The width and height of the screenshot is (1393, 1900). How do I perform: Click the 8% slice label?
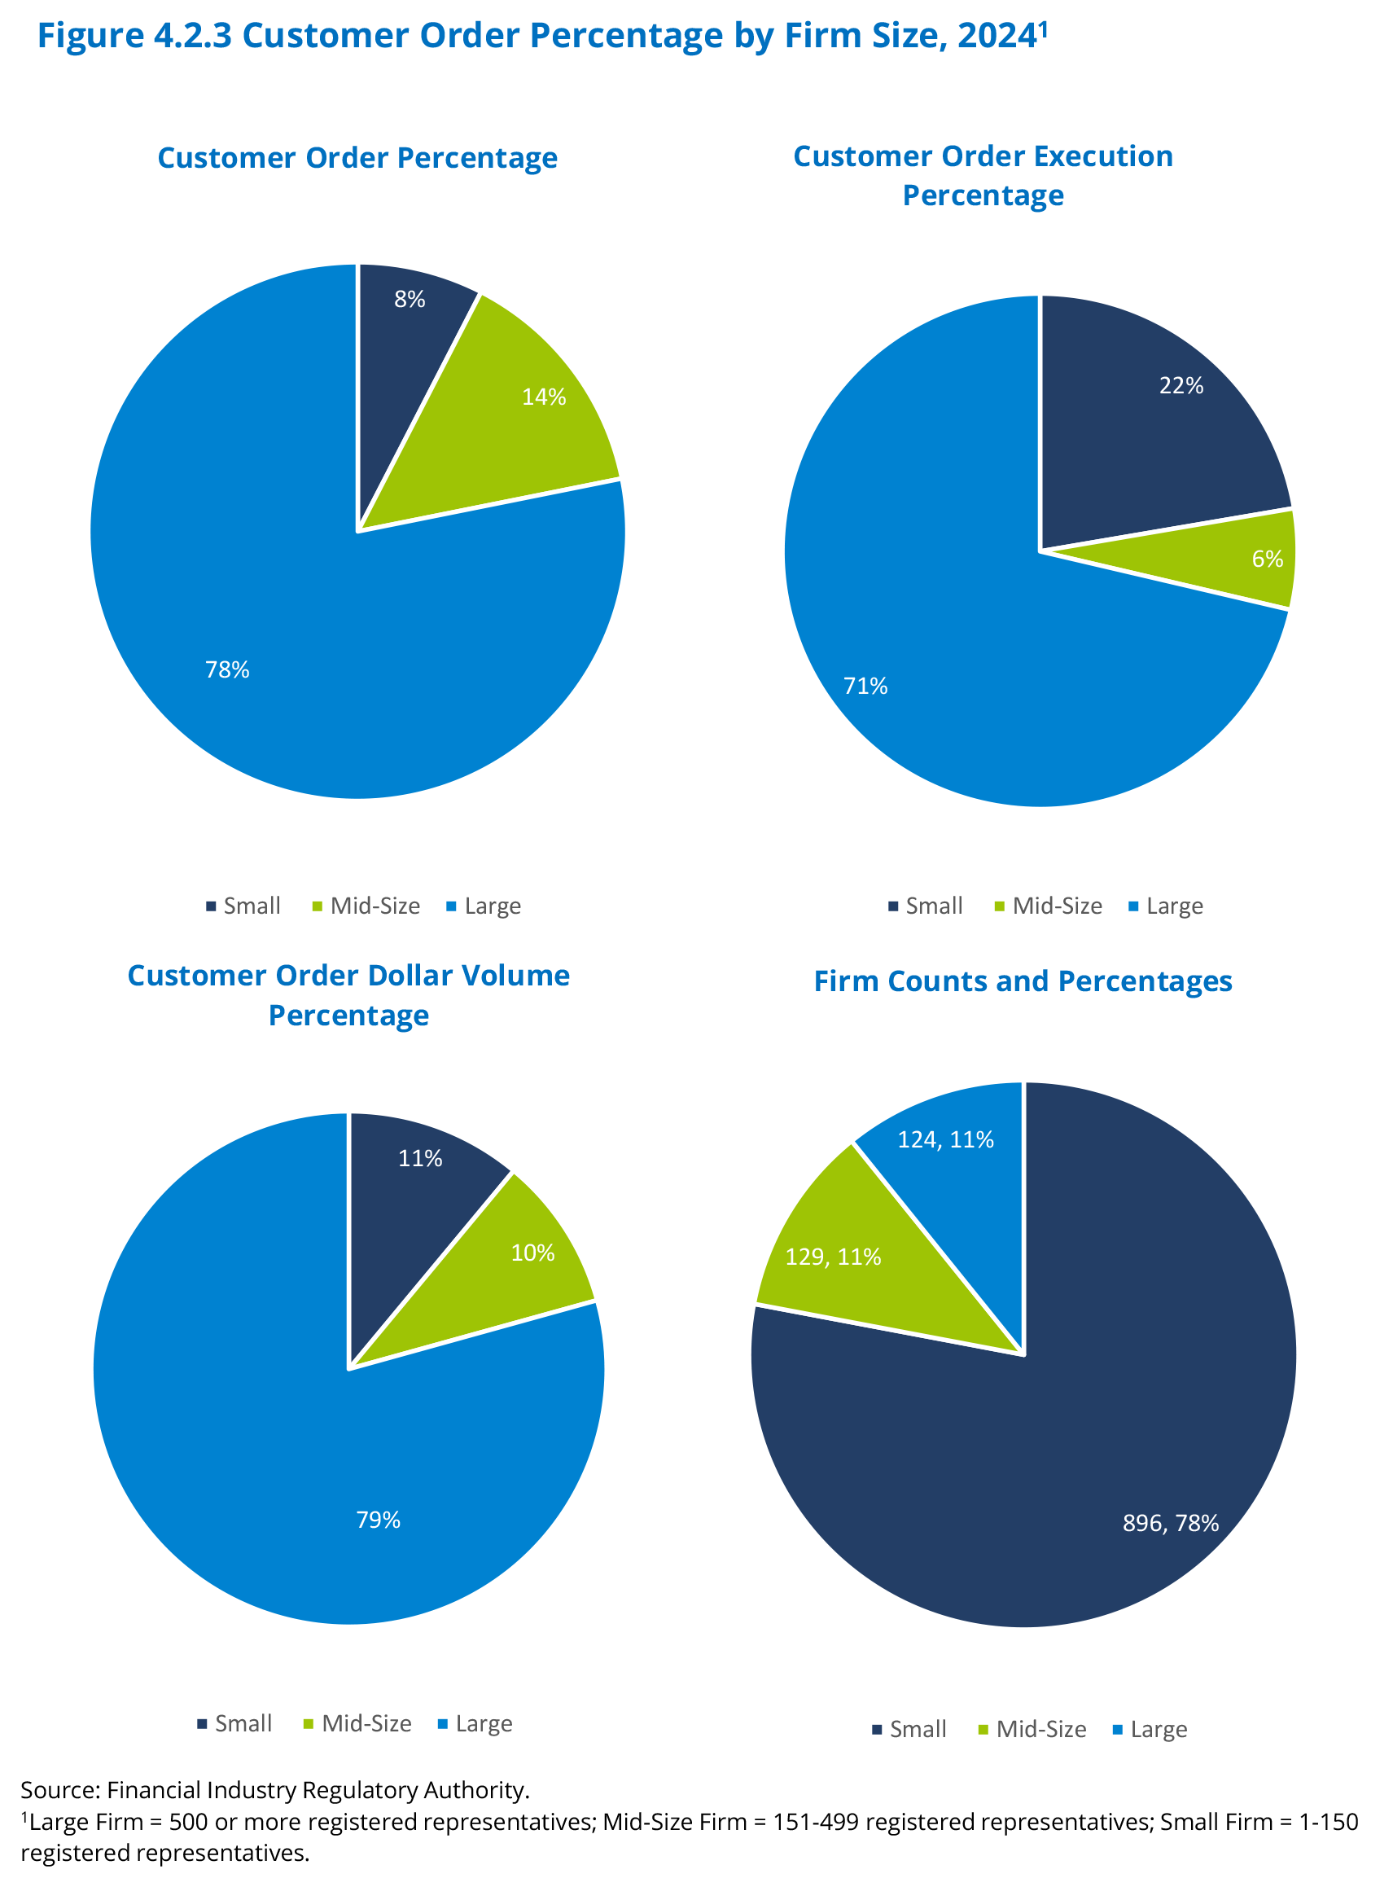pyautogui.click(x=410, y=300)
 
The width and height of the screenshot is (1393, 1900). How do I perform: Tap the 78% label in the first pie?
pyautogui.click(x=228, y=669)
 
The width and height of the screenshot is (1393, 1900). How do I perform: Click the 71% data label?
pyautogui.click(x=866, y=686)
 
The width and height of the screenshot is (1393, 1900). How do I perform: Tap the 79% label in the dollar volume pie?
pyautogui.click(x=379, y=1520)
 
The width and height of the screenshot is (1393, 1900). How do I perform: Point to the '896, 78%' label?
pyautogui.click(x=1171, y=1523)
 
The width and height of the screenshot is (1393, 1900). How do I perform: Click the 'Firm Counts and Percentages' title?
pyautogui.click(x=1023, y=981)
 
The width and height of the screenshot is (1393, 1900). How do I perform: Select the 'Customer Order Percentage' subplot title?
pyautogui.click(x=357, y=159)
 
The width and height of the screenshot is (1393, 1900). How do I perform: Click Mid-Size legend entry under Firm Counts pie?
pyautogui.click(x=1040, y=1729)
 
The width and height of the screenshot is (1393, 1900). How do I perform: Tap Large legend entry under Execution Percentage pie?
pyautogui.click(x=1174, y=906)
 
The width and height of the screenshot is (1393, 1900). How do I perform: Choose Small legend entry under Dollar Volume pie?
pyautogui.click(x=243, y=1723)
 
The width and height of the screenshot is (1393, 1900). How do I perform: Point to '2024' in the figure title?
pyautogui.click(x=997, y=35)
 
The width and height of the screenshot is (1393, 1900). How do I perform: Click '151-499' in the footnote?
pyautogui.click(x=817, y=1822)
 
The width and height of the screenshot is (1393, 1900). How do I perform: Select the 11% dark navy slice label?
pyautogui.click(x=420, y=1158)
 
